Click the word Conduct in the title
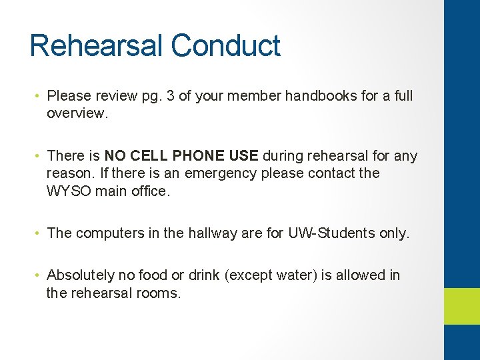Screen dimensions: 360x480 225,46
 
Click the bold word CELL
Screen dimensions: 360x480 149,156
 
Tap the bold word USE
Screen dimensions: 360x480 243,156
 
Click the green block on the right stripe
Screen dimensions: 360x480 462,306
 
